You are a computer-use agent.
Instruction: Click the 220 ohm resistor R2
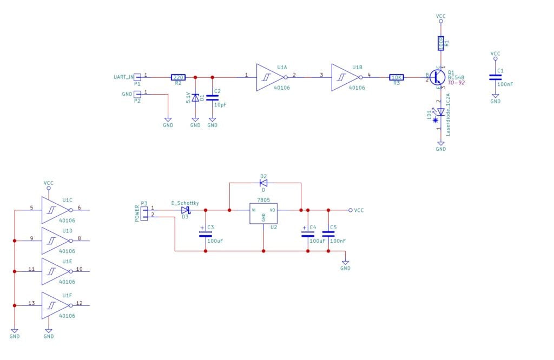point(178,77)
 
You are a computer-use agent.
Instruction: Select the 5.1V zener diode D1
point(195,97)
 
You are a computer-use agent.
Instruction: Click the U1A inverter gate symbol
point(269,77)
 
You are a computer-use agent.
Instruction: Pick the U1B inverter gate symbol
point(344,77)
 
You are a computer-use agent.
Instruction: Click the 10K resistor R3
point(397,77)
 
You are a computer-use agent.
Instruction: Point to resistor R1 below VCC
point(441,43)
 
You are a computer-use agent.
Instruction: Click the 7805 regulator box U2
point(263,214)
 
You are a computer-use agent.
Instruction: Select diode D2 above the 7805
point(263,183)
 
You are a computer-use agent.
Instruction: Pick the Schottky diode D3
point(185,210)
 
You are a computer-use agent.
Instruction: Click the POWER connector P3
point(144,212)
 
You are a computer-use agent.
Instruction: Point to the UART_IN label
point(123,77)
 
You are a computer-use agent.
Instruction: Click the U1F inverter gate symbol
point(55,305)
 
